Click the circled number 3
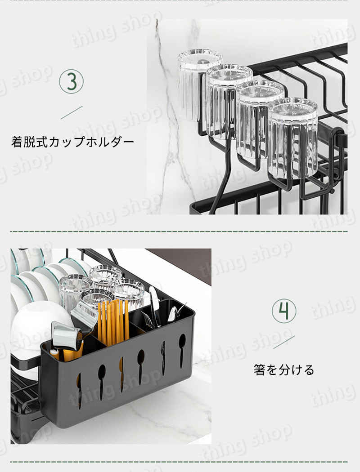[x=72, y=81]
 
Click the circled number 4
[x=284, y=311]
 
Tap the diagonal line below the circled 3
[x=72, y=112]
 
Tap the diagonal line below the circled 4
[x=284, y=342]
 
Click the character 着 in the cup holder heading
[x=17, y=142]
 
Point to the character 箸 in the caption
[x=259, y=370]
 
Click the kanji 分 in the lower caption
[x=284, y=370]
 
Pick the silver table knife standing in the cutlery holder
[x=154, y=307]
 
